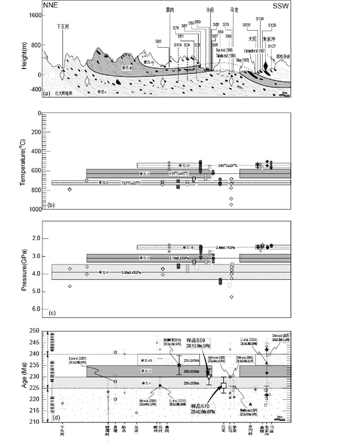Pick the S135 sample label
click(x=246, y=25)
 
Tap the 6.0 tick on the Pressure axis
click(x=36, y=309)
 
